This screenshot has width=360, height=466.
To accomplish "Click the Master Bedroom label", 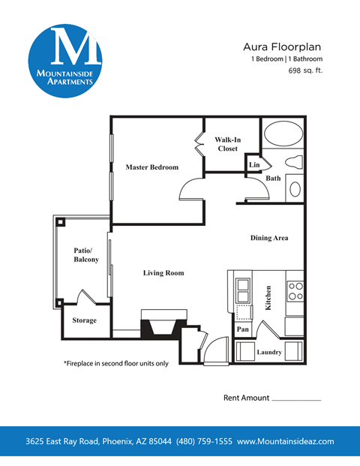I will (151, 167).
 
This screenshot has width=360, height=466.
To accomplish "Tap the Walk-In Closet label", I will (227, 144).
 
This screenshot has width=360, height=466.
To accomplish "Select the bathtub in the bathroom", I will (283, 136).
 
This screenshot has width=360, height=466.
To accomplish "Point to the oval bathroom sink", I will (295, 189).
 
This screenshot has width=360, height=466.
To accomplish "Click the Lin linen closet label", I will (253, 164).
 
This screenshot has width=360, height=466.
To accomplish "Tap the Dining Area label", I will (269, 239).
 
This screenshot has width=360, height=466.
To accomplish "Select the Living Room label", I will (163, 273).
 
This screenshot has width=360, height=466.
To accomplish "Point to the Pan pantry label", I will (242, 329).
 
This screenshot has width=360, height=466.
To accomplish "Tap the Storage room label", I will (84, 320).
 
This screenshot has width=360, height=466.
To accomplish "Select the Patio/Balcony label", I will (85, 254).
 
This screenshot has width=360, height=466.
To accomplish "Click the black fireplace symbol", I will (162, 327).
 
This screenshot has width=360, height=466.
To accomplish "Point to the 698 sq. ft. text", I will (305, 71).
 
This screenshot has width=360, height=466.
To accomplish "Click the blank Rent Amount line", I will (295, 400).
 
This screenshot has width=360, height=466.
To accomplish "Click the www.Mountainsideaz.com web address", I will (285, 441).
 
